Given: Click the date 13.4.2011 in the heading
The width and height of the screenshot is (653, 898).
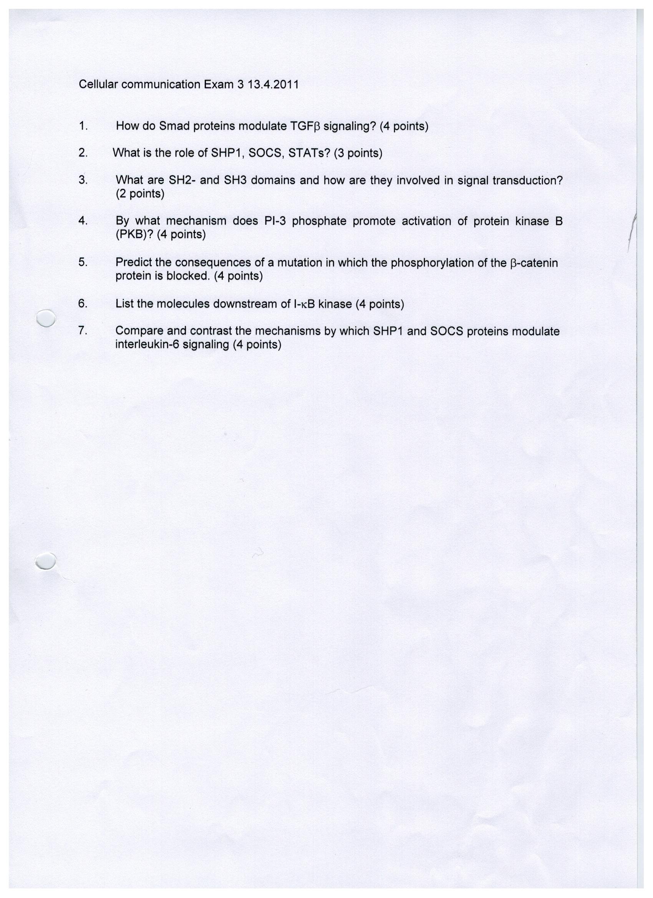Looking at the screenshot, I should pyautogui.click(x=273, y=85).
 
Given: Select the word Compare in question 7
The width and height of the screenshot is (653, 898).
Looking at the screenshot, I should pyautogui.click(x=139, y=331).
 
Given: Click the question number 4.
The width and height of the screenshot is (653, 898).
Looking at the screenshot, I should pyautogui.click(x=82, y=221).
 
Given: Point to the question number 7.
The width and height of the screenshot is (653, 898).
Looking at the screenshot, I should pyautogui.click(x=82, y=331).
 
